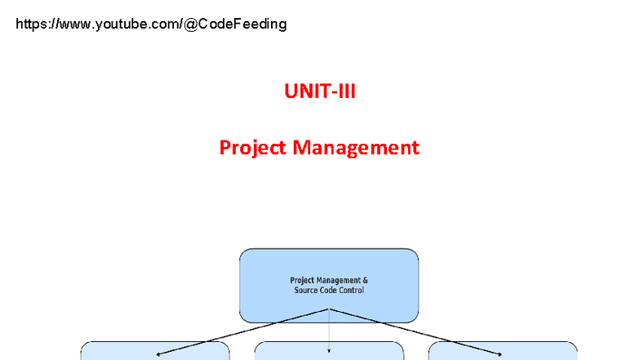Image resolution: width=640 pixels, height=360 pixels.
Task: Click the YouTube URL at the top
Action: click(151, 24)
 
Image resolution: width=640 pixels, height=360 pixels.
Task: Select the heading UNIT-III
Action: click(320, 91)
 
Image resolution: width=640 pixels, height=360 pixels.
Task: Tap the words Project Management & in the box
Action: click(329, 280)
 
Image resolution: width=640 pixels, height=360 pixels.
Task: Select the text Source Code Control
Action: click(329, 291)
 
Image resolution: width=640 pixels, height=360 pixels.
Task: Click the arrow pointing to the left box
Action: click(245, 331)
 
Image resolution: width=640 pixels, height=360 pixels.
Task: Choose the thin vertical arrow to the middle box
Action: click(329, 331)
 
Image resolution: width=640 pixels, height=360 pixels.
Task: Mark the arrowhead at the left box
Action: click(159, 353)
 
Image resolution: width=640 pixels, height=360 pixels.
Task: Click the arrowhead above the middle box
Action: click(329, 352)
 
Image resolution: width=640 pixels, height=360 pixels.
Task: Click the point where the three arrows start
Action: click(329, 309)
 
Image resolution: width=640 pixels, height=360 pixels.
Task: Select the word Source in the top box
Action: click(306, 291)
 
